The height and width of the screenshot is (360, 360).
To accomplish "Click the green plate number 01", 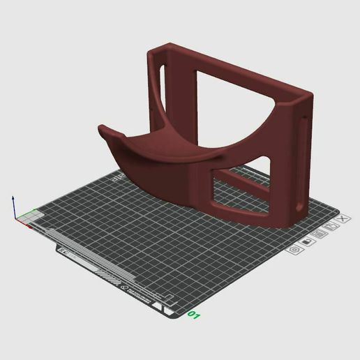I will [x=193, y=316].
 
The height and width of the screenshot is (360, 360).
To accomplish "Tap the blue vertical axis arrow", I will [x=13, y=206].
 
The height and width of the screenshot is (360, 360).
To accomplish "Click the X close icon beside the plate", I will [x=341, y=218].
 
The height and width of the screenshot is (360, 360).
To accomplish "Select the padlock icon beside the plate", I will [x=331, y=226].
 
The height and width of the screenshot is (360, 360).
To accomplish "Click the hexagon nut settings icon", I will [x=295, y=248].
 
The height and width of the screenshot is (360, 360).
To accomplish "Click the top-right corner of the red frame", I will [x=307, y=98].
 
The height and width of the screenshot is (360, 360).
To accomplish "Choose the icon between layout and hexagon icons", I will [x=307, y=241].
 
